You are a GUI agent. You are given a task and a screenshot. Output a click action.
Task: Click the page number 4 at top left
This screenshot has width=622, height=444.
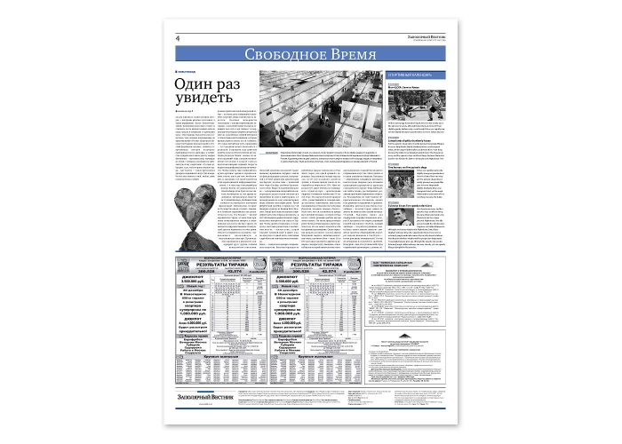179,37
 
